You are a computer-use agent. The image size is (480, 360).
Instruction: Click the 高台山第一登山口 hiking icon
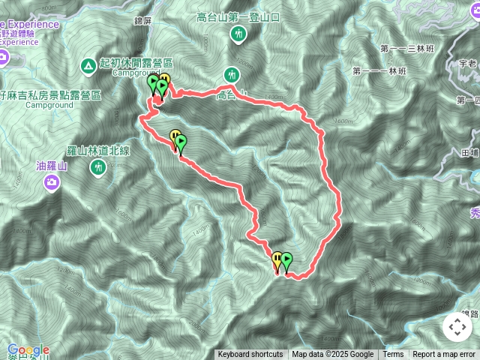[238, 34]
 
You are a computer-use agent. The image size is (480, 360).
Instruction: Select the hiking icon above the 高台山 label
[232, 74]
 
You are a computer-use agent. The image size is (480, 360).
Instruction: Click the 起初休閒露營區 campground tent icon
[89, 65]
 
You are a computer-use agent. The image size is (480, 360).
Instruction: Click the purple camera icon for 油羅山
[51, 182]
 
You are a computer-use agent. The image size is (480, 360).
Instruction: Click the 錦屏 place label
[142, 20]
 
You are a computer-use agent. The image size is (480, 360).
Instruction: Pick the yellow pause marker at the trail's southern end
[277, 259]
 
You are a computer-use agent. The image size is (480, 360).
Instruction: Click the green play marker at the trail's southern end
[286, 261]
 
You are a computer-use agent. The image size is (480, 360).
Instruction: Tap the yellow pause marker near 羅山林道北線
[175, 136]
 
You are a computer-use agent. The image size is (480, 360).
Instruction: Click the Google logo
[28, 350]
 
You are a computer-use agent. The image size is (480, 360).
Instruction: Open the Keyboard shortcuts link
[250, 355]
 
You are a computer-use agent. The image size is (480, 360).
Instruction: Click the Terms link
[393, 355]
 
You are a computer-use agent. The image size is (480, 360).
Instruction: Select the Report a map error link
[444, 355]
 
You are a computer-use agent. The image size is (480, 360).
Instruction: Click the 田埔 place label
[470, 152]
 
